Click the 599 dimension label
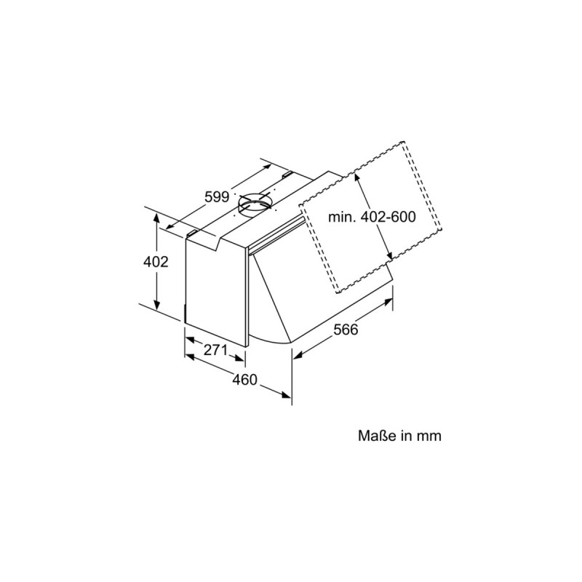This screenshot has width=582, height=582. pyautogui.click(x=217, y=196)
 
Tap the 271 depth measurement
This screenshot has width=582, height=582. pyautogui.click(x=215, y=350)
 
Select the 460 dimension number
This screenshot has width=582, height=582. pyautogui.click(x=246, y=378)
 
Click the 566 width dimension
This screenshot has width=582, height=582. pyautogui.click(x=346, y=329)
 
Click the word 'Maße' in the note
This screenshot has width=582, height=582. pyautogui.click(x=375, y=436)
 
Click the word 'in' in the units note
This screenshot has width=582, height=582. pyautogui.click(x=405, y=436)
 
